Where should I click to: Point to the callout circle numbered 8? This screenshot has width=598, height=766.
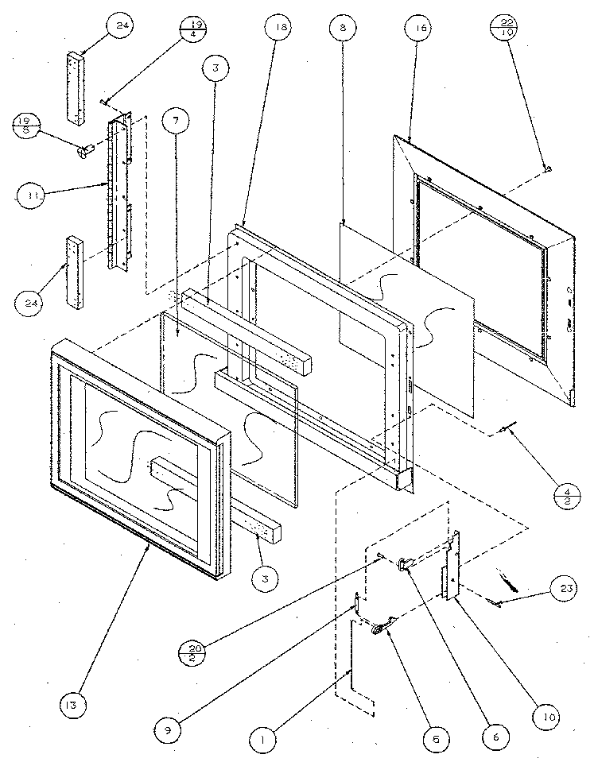(342, 28)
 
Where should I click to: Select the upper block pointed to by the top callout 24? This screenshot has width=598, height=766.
(77, 87)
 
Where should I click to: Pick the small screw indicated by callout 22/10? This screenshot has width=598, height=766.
(546, 168)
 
